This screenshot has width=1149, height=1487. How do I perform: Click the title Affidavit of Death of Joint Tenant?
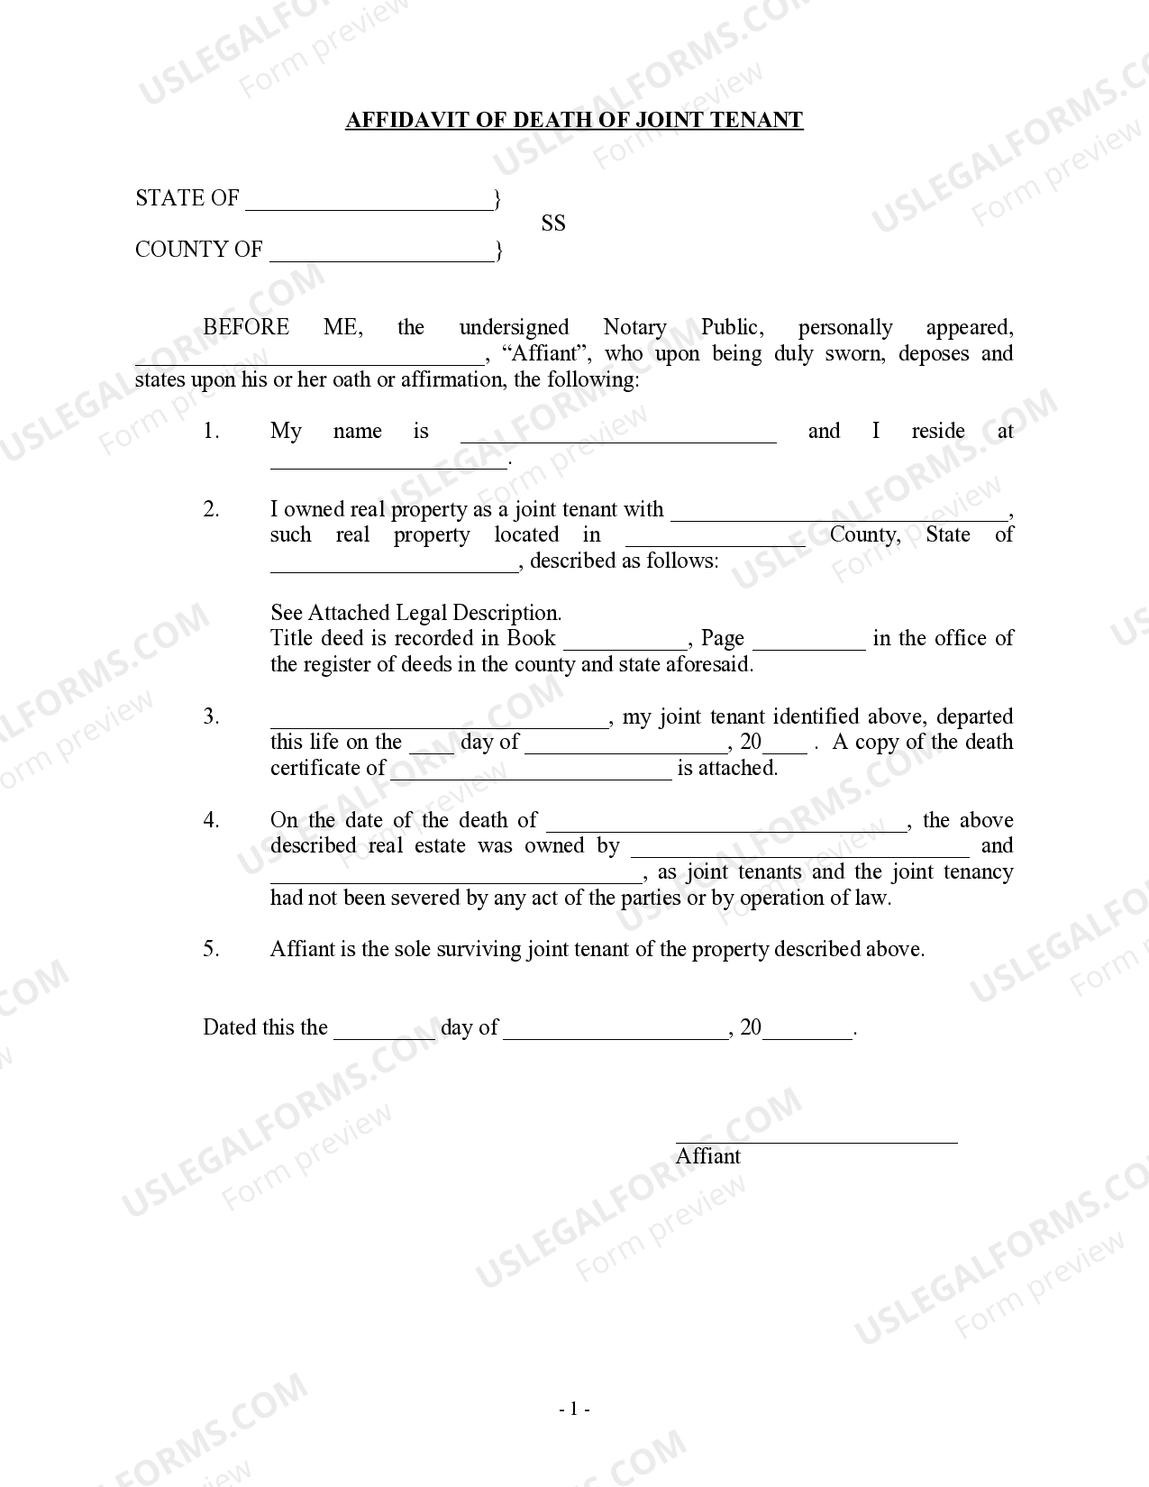[574, 121]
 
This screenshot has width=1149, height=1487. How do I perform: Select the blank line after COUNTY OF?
[381, 253]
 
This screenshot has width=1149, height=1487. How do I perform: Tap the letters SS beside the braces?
[553, 224]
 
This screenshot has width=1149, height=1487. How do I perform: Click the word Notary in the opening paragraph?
[634, 327]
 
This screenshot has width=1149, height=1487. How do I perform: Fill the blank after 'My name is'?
[618, 435]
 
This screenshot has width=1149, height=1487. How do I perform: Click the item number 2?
[211, 510]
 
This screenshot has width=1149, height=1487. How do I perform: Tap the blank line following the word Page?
[808, 642]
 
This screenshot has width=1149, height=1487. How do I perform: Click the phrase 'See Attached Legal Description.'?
[415, 613]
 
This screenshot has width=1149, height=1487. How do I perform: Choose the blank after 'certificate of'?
[531, 771]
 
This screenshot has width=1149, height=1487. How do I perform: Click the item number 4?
[211, 820]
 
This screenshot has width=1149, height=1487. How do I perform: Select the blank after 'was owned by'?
[800, 849]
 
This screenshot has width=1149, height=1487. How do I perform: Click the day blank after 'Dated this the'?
[384, 1032]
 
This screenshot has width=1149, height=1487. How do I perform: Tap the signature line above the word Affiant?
[816, 1137]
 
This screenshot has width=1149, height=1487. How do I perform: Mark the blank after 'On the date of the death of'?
[726, 824]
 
